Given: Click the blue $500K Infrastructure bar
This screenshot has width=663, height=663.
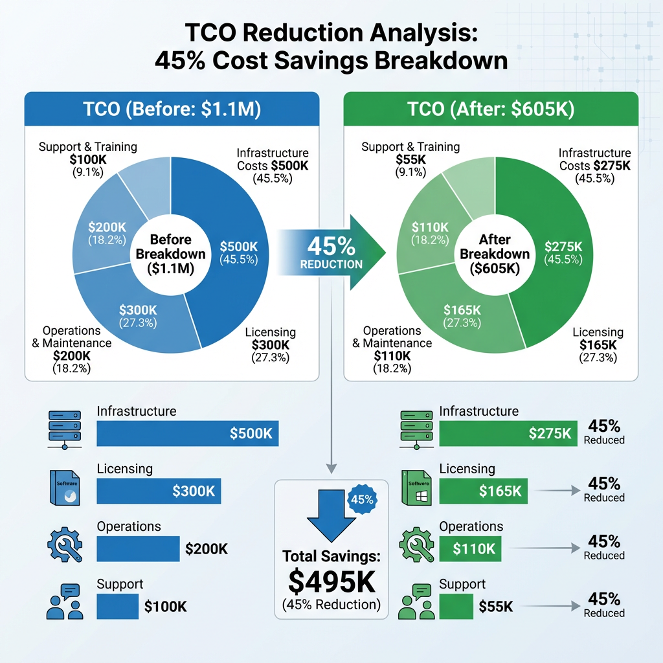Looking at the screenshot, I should pos(187,433).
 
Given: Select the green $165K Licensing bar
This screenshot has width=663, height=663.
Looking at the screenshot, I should pos(484,491).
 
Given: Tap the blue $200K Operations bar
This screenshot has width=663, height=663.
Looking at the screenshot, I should pos(137,548).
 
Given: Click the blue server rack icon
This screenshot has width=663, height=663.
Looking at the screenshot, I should pos(65,428).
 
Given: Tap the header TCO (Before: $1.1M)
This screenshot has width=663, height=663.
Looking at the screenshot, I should pos(172,109).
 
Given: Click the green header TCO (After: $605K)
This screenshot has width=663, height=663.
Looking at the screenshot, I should pos(490,109).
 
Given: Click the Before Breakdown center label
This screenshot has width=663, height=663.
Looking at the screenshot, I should pos(170,254).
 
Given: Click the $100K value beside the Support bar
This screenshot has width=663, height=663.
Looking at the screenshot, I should pos(165,607).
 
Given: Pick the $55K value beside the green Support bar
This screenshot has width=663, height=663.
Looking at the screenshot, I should pos(496,607).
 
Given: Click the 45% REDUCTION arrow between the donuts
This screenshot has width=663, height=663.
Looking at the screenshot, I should pos(331,253).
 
